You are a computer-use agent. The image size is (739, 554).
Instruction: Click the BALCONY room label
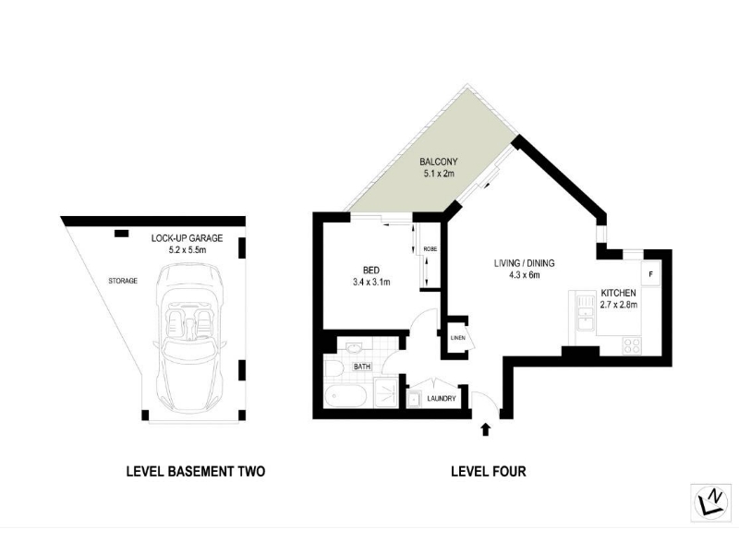point(438,162)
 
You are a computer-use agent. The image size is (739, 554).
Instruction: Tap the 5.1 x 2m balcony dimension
point(438,174)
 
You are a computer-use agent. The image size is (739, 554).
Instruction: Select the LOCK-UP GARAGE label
point(188,238)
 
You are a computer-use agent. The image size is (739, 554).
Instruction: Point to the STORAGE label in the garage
point(123,281)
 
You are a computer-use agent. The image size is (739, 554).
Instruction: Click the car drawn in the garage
point(188,337)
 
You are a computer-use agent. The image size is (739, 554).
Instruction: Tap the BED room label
point(371,271)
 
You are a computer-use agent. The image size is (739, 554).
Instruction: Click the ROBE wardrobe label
point(430,248)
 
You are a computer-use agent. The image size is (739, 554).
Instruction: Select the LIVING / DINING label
point(524,263)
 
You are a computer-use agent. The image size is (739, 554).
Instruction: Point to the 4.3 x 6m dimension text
point(524,275)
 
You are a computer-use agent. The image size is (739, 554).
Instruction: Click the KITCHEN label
point(618,293)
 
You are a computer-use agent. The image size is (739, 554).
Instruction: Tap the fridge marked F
point(650,273)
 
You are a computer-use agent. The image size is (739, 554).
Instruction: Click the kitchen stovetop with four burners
point(632,345)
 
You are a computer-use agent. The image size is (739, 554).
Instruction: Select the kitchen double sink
point(587,313)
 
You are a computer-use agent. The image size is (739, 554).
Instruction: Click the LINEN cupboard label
point(457,338)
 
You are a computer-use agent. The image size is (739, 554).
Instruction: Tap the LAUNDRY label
point(442,399)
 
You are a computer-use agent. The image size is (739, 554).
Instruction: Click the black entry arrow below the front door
point(486,429)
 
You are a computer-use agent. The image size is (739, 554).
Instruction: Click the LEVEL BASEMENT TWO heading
point(196,471)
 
